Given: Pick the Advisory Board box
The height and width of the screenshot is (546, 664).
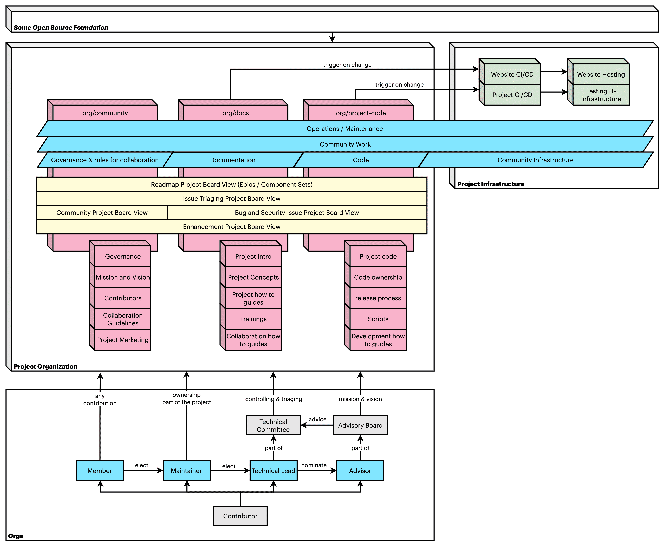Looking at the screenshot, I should pos(360,425).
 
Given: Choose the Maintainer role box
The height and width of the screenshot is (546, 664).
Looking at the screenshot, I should pos(186,470).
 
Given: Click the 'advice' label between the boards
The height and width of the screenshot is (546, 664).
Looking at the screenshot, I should pos(317,419).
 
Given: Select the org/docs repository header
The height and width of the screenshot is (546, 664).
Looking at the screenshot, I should pos(236,113).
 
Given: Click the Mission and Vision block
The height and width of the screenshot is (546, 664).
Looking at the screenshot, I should pos(123,277).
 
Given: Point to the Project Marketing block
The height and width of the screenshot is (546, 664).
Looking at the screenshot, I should pos(123,340).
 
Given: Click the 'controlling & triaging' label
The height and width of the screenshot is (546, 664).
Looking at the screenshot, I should pos(274,399).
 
